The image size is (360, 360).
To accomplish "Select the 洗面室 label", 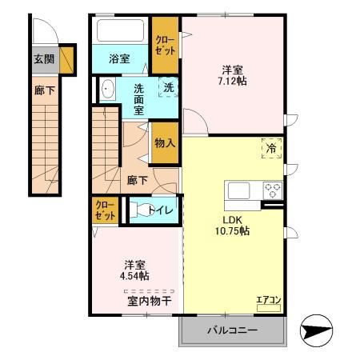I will point(138,98).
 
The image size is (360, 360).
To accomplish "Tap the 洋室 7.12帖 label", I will point(233,75).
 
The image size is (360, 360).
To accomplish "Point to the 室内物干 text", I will point(150,301).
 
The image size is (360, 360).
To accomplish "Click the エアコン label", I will point(269,301).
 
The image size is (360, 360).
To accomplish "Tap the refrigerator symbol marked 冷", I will point(271,148).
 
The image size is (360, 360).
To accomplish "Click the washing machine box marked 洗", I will point(169,87).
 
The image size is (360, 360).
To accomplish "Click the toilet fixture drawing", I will point(142,210).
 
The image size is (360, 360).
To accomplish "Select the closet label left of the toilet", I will point(105,210).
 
